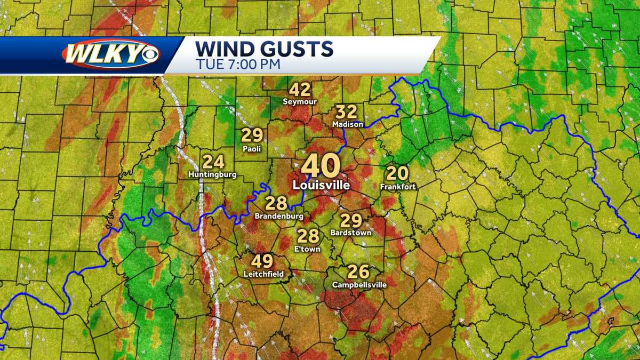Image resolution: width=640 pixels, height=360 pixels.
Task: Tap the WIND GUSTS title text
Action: click(264, 49)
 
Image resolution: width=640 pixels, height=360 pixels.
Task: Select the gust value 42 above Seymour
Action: click(300, 90)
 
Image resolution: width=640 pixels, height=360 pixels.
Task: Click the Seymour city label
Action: click(300, 101)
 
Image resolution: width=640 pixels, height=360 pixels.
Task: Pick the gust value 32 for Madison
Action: click(346, 112)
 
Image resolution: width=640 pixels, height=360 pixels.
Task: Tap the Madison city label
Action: click(347, 124)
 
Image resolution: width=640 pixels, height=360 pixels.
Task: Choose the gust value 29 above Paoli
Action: click(252, 136)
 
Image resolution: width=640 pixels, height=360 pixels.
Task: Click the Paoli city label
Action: click(251, 149)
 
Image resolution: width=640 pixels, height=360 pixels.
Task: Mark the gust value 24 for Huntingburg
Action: click(213, 162)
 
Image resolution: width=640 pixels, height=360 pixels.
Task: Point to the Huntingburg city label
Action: click(212, 174)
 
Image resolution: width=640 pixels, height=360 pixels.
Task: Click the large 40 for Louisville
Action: click(320, 166)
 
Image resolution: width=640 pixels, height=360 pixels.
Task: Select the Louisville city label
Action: click(321, 185)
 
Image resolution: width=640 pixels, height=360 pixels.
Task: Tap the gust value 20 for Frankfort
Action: click(397, 173)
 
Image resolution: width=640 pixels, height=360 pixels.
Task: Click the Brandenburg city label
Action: click(279, 216)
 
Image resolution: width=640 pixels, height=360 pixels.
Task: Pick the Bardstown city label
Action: click(350, 233)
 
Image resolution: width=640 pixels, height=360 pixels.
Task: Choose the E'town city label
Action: click(307, 249)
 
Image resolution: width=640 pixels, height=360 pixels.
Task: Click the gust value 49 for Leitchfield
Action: click(262, 261)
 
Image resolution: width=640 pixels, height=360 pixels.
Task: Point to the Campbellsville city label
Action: click(359, 285)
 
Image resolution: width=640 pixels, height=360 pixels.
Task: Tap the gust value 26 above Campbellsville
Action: click(358, 272)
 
